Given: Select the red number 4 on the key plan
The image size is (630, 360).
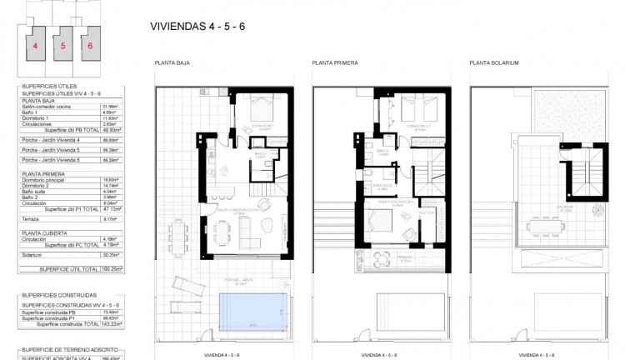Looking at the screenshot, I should pos(35,47).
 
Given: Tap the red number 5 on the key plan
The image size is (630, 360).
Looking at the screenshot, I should pos(62,47).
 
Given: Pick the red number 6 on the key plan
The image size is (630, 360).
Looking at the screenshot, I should pos(90,47).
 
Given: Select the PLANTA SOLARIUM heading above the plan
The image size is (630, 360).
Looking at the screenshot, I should pos(494,62).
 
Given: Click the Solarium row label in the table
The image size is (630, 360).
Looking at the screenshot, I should pos(31,255).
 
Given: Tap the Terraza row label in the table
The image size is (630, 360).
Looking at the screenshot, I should pos(29,219).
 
